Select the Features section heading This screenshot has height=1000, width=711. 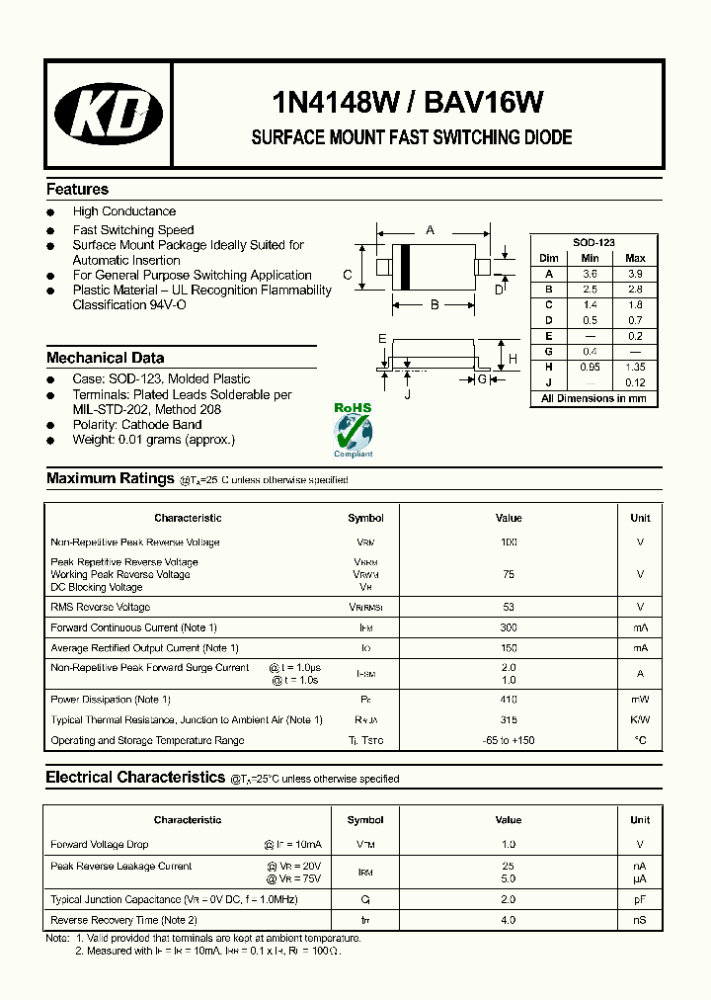coord(77,190)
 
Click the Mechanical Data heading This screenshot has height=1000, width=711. coord(106,358)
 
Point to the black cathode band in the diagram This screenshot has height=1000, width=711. coord(404,267)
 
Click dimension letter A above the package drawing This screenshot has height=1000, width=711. coord(430,229)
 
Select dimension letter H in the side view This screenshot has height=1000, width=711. coord(512,359)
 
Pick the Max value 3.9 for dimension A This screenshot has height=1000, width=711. coord(635,274)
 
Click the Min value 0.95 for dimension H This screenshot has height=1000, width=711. coord(590,366)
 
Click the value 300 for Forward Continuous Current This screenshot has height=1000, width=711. coord(509,627)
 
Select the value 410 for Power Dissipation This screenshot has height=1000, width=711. coord(509,700)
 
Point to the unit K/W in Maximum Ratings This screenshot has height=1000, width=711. coord(640,720)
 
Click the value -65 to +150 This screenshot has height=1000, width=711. coord(509,740)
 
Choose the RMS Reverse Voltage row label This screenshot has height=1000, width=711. coord(101,607)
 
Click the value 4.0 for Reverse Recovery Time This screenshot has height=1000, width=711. coord(509,920)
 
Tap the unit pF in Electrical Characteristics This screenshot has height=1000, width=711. coord(640,900)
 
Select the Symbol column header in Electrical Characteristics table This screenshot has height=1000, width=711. coord(365,819)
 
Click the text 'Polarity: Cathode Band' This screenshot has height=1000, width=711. coord(137,425)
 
